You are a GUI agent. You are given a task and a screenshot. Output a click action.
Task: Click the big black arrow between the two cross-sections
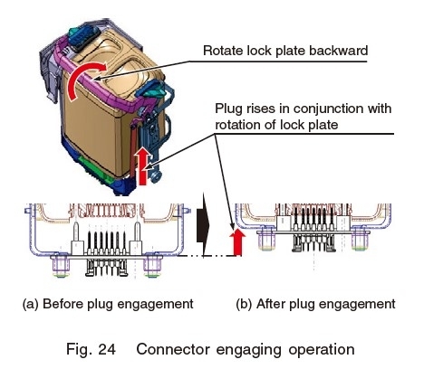pos(203,225)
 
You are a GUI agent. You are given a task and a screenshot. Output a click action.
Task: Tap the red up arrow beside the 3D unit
pos(143,166)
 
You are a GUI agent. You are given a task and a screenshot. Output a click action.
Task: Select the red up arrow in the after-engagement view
pos(237,242)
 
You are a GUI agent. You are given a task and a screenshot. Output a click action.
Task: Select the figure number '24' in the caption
pos(107,349)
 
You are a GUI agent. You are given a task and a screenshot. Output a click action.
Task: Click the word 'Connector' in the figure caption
pos(173,349)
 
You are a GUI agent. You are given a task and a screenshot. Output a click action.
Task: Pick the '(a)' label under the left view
pos(31,304)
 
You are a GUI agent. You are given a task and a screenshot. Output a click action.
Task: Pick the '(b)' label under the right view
pos(244,304)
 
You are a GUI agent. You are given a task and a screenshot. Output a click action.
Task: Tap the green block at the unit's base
pos(94,168)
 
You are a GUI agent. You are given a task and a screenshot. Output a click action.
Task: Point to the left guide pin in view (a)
pos(77,231)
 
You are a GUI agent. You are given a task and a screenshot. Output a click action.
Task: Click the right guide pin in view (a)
pos(137,231)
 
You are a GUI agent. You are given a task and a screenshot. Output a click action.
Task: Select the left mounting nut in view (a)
pos(61,266)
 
